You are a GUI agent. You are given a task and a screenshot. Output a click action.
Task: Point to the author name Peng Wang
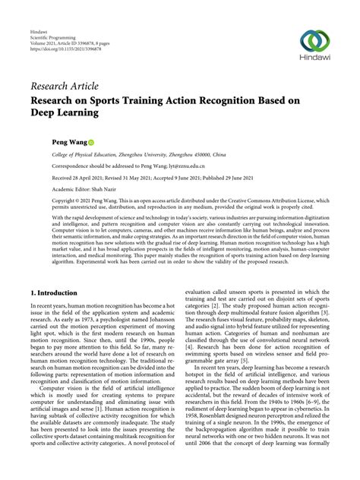[69, 142]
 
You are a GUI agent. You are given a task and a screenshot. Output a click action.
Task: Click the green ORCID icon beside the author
[91, 142]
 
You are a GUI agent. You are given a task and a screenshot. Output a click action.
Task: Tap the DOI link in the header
[55, 56]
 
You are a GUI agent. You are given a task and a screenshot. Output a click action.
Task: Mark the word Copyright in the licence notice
[65, 201]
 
